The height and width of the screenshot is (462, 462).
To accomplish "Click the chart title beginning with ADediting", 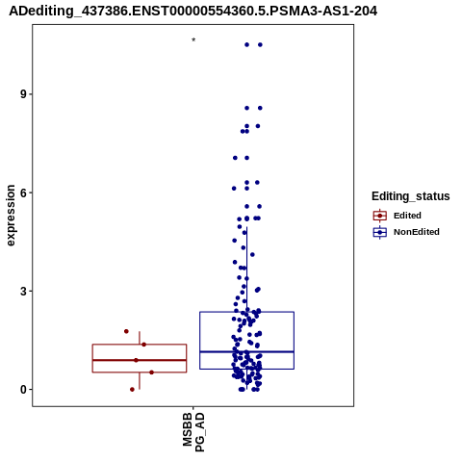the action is pyautogui.click(x=193, y=12).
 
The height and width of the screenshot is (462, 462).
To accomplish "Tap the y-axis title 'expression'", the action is pyautogui.click(x=11, y=216).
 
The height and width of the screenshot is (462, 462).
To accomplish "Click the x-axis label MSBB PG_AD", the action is pyautogui.click(x=193, y=432).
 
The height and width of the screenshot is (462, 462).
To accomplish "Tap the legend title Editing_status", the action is pyautogui.click(x=411, y=196).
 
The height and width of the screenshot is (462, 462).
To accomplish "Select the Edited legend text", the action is pyautogui.click(x=407, y=216).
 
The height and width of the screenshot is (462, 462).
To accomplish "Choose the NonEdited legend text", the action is pyautogui.click(x=417, y=232).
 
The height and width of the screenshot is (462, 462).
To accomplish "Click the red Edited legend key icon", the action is pyautogui.click(x=380, y=216).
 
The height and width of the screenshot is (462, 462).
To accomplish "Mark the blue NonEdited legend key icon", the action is pyautogui.click(x=380, y=232).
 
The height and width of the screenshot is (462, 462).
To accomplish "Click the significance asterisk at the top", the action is pyautogui.click(x=193, y=40).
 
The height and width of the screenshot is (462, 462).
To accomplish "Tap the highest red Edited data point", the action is pyautogui.click(x=126, y=331).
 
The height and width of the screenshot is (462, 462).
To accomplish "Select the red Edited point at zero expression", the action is pyautogui.click(x=132, y=390).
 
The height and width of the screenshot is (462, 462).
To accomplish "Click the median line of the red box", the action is pyautogui.click(x=140, y=360).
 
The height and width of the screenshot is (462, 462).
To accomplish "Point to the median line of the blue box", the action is pyautogui.click(x=246, y=352).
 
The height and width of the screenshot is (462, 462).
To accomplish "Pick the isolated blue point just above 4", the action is pyautogui.click(x=252, y=255).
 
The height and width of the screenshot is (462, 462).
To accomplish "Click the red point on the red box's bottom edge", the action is pyautogui.click(x=151, y=372).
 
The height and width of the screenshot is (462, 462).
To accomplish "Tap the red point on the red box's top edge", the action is pyautogui.click(x=144, y=345).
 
